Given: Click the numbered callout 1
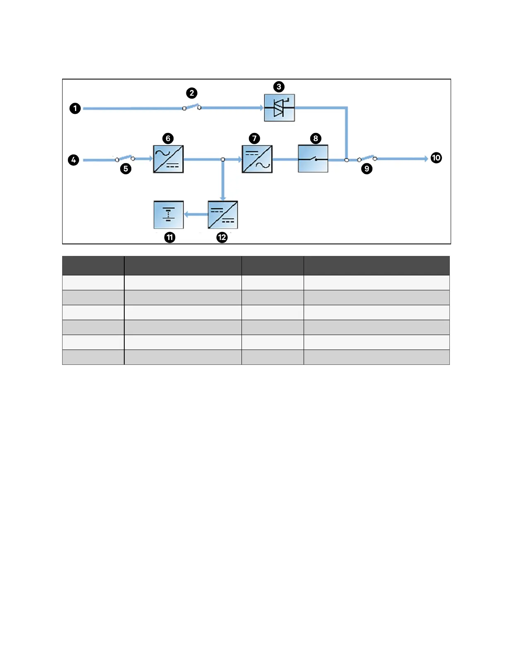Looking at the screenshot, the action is click(75, 109).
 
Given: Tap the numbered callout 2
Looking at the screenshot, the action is click(191, 93).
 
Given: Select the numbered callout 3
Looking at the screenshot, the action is click(279, 87).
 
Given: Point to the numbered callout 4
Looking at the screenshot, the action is click(73, 160).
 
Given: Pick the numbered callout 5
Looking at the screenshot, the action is click(126, 169).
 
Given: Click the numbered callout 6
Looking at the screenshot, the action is click(168, 138).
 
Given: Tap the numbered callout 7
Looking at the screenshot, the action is click(254, 138).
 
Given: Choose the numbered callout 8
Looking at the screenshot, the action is click(316, 138).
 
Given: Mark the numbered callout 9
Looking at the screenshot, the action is click(367, 169).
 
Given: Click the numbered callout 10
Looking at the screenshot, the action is click(436, 158).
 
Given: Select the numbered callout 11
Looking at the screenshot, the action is click(170, 237).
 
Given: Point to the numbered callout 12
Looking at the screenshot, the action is click(222, 237).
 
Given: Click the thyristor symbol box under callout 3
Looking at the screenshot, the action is click(280, 108).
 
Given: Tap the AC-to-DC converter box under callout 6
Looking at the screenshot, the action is click(168, 159).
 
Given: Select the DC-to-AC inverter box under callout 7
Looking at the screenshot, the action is click(257, 159).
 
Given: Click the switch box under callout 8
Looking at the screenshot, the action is click(313, 159).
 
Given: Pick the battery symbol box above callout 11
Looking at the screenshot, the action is click(169, 215).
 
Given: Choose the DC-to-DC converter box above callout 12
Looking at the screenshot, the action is click(223, 215).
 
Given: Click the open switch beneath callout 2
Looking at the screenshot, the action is click(192, 107).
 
